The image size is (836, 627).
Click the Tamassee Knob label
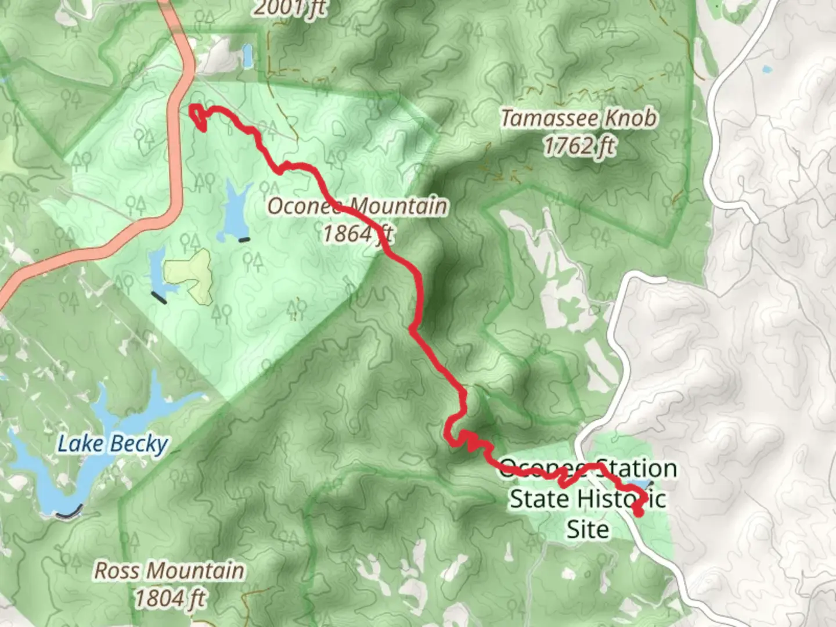[x=579, y=118]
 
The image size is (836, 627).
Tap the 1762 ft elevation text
[x=579, y=146]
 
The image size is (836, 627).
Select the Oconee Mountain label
[x=357, y=206]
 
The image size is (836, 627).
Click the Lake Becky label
[x=113, y=444]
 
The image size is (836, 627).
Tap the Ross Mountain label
[x=169, y=571]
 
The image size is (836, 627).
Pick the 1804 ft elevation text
[x=170, y=598]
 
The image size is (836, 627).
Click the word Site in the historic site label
[x=588, y=529]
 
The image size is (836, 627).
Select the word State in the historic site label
[x=539, y=499]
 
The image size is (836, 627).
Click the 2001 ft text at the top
[x=289, y=8]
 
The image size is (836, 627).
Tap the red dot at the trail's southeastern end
[x=639, y=512]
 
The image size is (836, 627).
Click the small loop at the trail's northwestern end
[x=198, y=117]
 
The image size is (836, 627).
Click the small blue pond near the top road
[x=248, y=56]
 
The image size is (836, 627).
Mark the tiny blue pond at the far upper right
[x=767, y=70]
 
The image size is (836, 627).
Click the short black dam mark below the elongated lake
[x=244, y=239]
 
